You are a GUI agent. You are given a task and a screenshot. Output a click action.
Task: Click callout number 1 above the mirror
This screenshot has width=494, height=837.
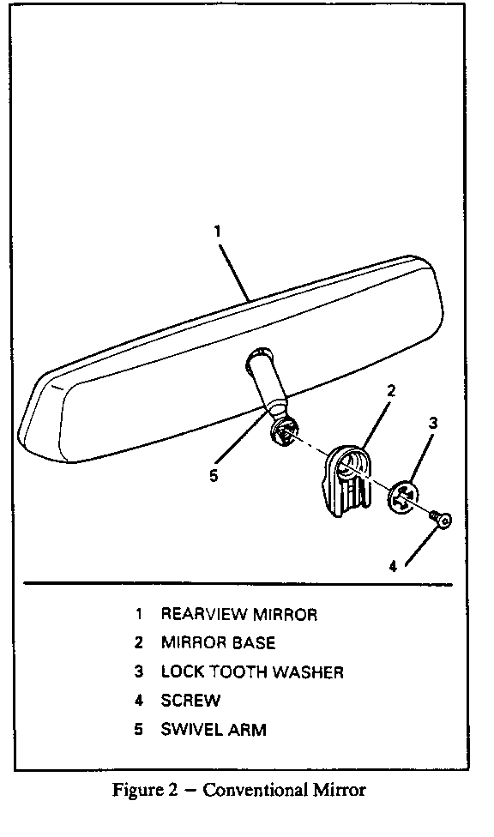tap(217, 232)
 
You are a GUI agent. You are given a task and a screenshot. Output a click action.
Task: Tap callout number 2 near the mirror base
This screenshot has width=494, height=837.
tap(391, 391)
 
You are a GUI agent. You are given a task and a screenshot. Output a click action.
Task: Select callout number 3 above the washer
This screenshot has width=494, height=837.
tap(433, 424)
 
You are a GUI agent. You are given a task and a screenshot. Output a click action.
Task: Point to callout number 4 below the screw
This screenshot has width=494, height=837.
tap(393, 567)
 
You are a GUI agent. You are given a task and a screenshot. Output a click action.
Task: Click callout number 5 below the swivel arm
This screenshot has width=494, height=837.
tap(214, 476)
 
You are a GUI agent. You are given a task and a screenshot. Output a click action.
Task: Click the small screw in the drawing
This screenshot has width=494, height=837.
tap(441, 519)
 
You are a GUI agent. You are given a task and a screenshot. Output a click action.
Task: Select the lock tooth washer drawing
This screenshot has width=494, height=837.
tap(401, 497)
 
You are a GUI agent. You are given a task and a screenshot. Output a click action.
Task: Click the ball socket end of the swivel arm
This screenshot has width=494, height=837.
tap(284, 430)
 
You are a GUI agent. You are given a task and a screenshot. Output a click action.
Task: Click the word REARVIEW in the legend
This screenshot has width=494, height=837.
tap(204, 614)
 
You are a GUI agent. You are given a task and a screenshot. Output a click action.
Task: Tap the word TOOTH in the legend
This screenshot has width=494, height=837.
tap(237, 671)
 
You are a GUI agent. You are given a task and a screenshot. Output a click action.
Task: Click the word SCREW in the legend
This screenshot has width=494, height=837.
tap(190, 701)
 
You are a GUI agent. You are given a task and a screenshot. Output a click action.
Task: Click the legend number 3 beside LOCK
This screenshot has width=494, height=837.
tap(139, 671)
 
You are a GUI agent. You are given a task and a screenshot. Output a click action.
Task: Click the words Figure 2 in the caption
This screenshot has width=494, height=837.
tap(145, 791)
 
